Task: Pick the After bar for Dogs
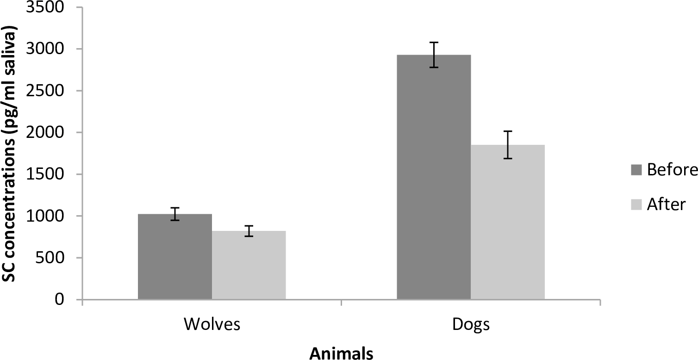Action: (508, 222)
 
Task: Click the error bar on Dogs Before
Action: (434, 55)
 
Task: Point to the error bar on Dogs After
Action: (508, 145)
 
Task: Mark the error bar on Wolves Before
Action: (175, 214)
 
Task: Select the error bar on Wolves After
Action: (249, 231)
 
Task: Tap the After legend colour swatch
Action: (636, 204)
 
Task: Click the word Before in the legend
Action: (672, 170)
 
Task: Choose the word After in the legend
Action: (666, 204)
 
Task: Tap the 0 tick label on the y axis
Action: (65, 300)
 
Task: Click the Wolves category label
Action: (212, 324)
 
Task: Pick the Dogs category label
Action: (470, 324)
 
